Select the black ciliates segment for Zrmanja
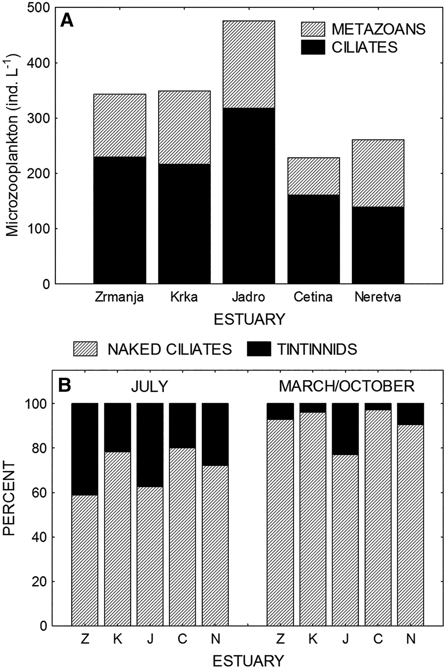(119, 220)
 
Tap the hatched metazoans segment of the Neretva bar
(378, 173)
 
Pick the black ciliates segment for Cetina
(313, 239)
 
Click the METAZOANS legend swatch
(313, 29)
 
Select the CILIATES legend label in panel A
(364, 47)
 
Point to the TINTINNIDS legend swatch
(259, 349)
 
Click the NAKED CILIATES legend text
(169, 349)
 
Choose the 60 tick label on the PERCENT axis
(39, 493)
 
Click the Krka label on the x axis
(184, 297)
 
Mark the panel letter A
(67, 21)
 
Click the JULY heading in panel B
(149, 387)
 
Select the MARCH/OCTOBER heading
(347, 386)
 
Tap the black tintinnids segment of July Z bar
(85, 449)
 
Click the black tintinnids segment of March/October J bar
(345, 429)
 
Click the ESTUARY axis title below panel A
(249, 319)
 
